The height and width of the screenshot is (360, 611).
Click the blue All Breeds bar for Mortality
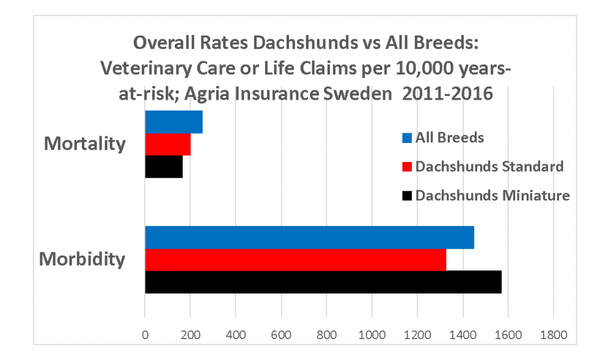[x=174, y=122]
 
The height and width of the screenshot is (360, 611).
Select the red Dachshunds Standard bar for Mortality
[x=167, y=144]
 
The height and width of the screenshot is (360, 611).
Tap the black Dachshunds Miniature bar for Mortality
[x=164, y=167]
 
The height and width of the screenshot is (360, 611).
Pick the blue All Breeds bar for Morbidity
[x=309, y=237]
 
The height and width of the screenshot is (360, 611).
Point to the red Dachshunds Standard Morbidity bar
[x=295, y=260]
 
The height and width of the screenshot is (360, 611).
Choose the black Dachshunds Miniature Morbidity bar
[x=323, y=282]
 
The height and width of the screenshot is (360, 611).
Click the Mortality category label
[x=85, y=144]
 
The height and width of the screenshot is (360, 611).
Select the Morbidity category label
[x=82, y=259]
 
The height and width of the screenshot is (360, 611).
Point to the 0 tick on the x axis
[x=145, y=335]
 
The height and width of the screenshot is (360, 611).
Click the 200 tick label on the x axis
[x=190, y=335]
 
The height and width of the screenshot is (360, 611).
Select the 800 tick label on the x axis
[x=326, y=335]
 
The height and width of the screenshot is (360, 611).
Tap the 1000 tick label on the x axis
[x=371, y=335]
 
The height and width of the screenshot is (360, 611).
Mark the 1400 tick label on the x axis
[x=463, y=335]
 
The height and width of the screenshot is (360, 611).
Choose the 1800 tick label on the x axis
[x=553, y=335]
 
